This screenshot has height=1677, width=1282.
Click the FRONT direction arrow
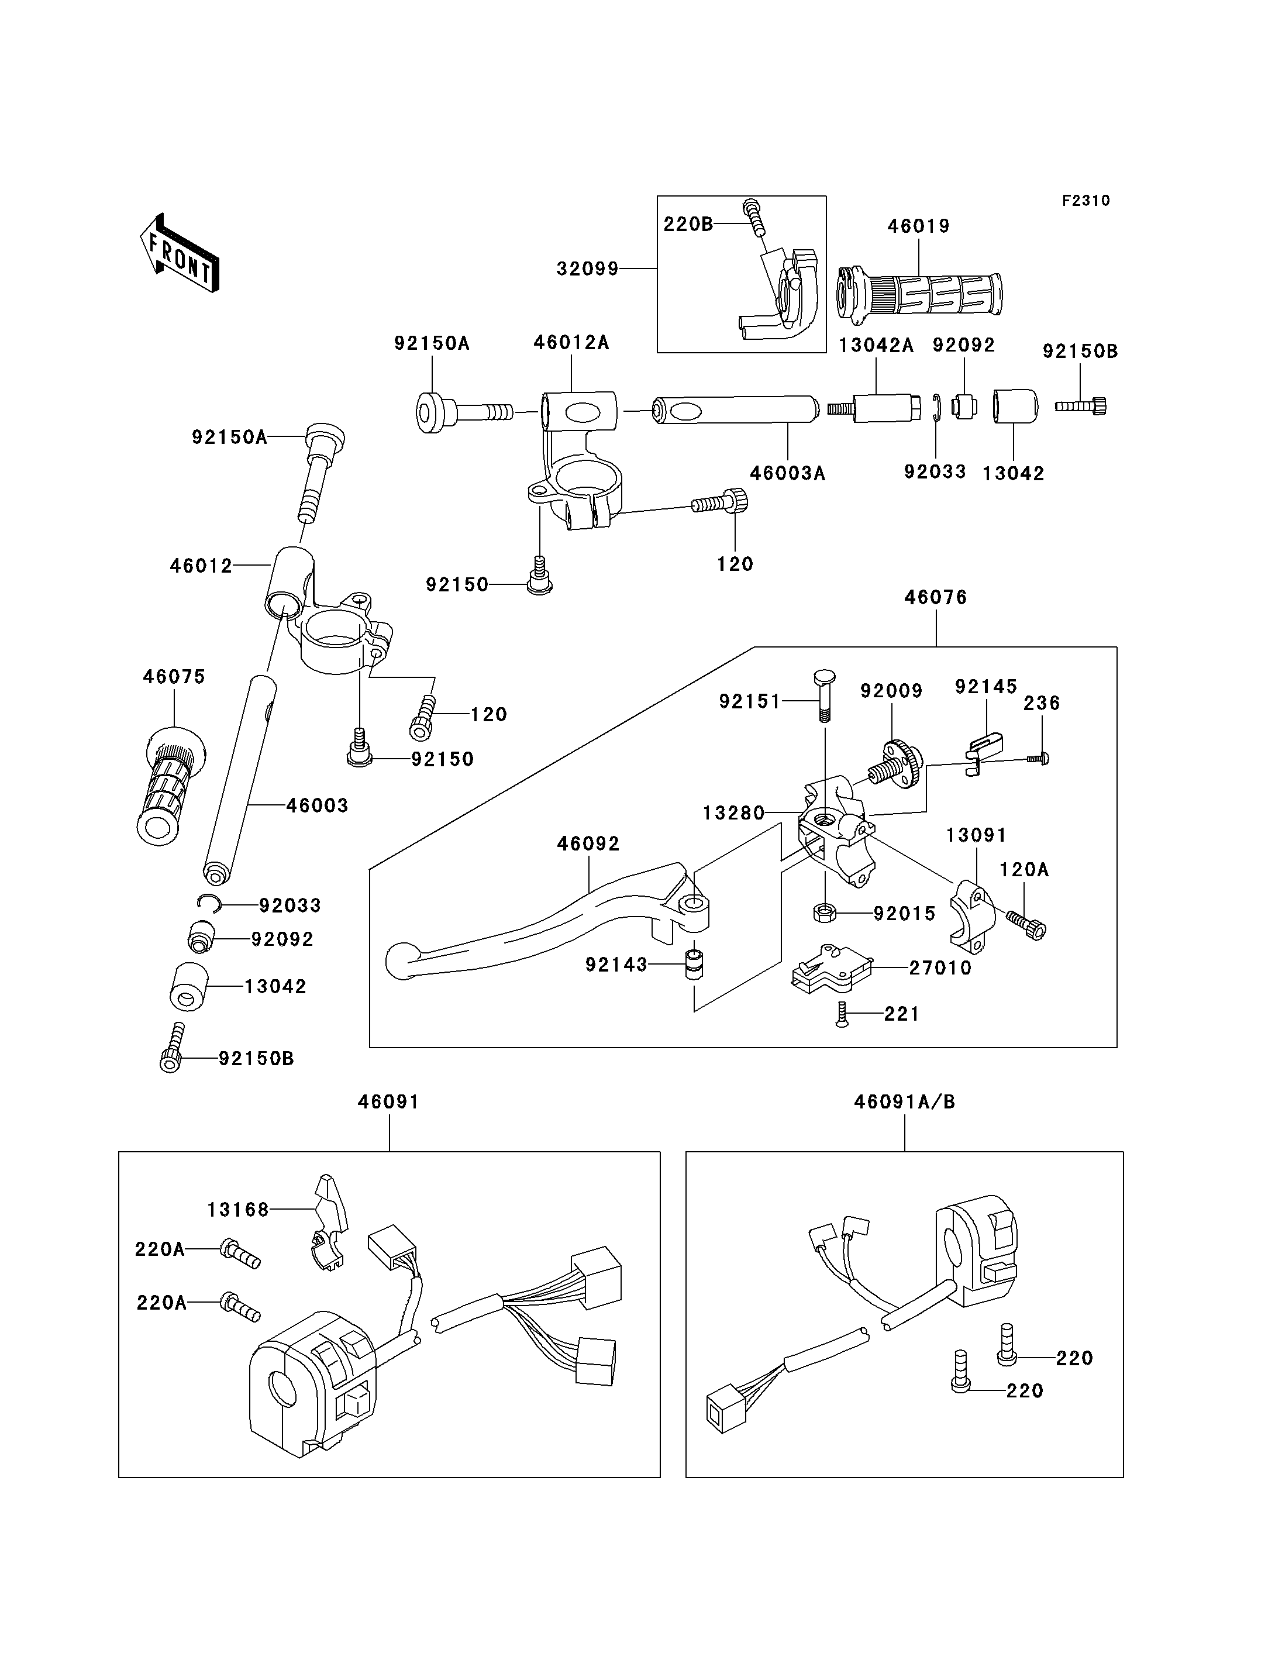click(180, 253)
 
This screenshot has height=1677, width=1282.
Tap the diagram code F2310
click(1086, 201)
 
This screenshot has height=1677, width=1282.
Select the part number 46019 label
click(918, 227)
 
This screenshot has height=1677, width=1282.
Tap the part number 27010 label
click(940, 968)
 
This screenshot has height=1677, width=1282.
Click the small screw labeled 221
click(842, 1014)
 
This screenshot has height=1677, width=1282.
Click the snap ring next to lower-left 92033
click(208, 904)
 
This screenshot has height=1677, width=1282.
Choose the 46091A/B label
click(904, 1102)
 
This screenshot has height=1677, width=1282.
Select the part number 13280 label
click(733, 813)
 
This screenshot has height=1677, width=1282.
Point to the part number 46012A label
click(571, 343)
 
